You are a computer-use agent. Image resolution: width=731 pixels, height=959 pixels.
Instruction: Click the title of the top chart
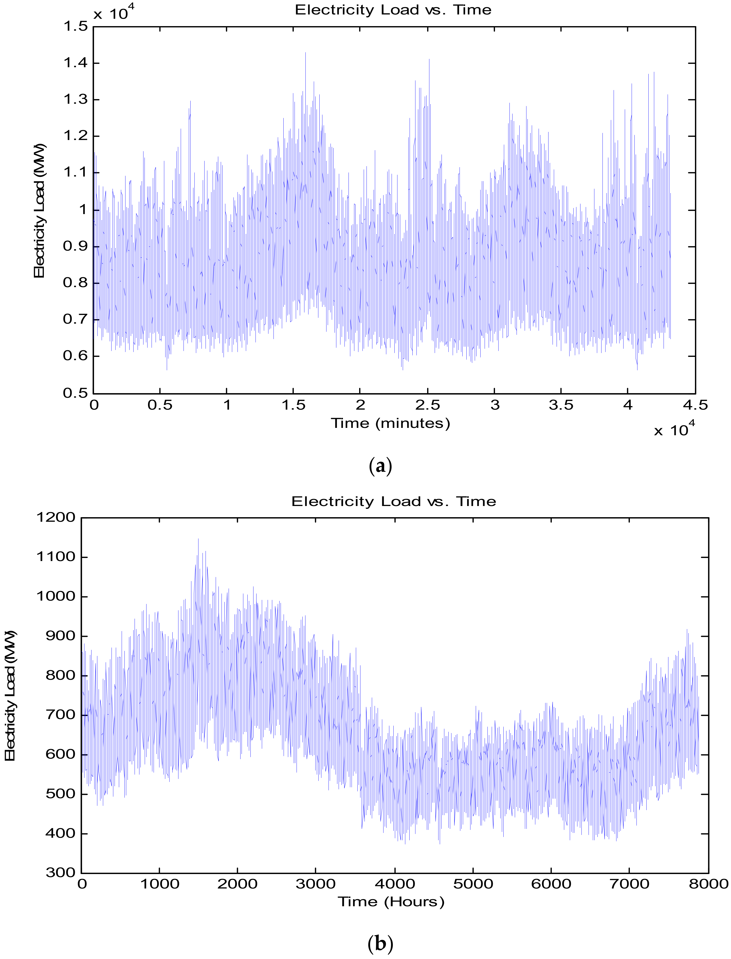393,10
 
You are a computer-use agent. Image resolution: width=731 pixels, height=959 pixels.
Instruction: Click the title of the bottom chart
393,501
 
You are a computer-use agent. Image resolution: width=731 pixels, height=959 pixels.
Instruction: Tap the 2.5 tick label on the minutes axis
427,405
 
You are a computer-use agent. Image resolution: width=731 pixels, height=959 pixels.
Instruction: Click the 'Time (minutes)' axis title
390,423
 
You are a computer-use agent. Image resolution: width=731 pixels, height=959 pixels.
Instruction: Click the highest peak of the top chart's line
305,53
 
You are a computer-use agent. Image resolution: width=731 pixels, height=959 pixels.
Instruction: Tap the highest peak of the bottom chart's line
198,539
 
